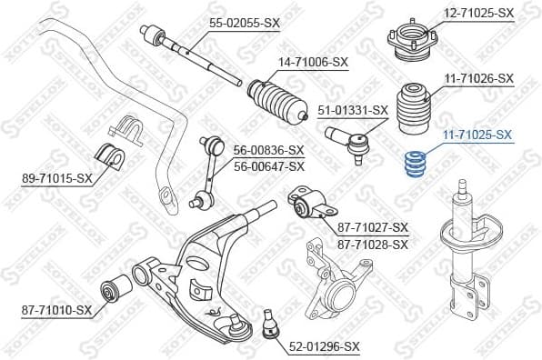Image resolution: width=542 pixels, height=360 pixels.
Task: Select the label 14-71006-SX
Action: point(314,62)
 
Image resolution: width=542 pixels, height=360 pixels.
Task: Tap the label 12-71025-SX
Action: point(479,13)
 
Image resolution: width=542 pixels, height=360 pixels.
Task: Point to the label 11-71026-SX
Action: point(479,79)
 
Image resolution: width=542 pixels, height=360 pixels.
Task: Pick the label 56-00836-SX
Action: point(268,150)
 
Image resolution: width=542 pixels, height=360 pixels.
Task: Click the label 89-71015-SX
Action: point(56,178)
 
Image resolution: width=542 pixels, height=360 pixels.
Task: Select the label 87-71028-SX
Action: point(373,244)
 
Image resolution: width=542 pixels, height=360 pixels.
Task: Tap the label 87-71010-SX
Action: point(57,310)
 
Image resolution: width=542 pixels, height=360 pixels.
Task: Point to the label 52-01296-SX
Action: point(325,346)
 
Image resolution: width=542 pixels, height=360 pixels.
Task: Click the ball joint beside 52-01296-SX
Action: point(269,325)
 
